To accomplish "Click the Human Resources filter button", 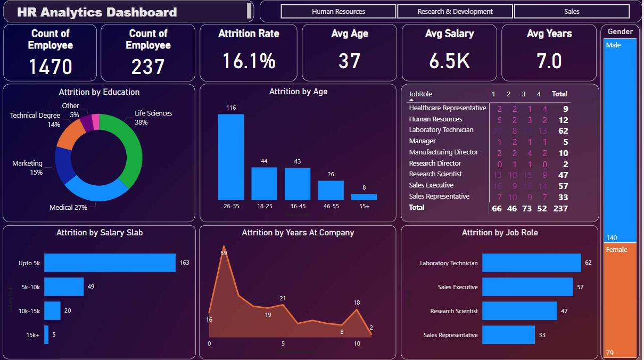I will point(338,11).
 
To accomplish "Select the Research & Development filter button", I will point(455,11).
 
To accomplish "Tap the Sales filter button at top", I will point(572,11).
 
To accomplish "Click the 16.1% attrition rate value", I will point(249,61).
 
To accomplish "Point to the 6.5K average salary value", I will point(449,61).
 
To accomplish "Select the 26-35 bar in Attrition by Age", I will point(231,157).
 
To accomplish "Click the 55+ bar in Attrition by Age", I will point(364,197).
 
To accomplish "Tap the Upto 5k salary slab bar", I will point(110,263).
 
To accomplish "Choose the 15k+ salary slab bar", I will point(46,334).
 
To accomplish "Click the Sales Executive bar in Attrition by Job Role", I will point(527,287).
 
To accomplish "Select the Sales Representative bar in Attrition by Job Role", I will point(508,335).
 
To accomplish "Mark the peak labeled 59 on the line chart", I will point(224,253).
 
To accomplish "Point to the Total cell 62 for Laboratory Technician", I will point(563,130).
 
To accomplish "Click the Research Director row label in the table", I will point(435,163).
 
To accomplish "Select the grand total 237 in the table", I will point(560,208).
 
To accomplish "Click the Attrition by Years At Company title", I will point(298,233).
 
